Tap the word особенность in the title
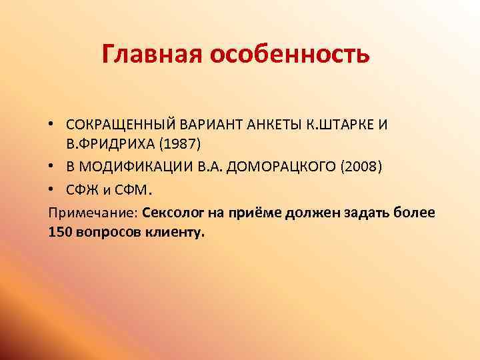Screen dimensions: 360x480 click(291, 54)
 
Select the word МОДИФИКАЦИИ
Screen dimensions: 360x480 click(134, 166)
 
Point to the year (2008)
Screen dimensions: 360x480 click(361, 166)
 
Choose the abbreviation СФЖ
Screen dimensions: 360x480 click(81, 190)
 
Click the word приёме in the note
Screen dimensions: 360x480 click(257, 213)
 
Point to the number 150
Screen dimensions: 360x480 click(60, 233)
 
